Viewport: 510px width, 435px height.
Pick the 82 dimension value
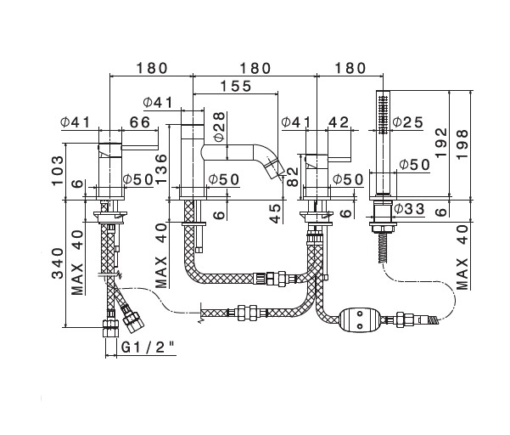coord(293,178)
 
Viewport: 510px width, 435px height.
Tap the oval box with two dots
coord(357,320)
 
